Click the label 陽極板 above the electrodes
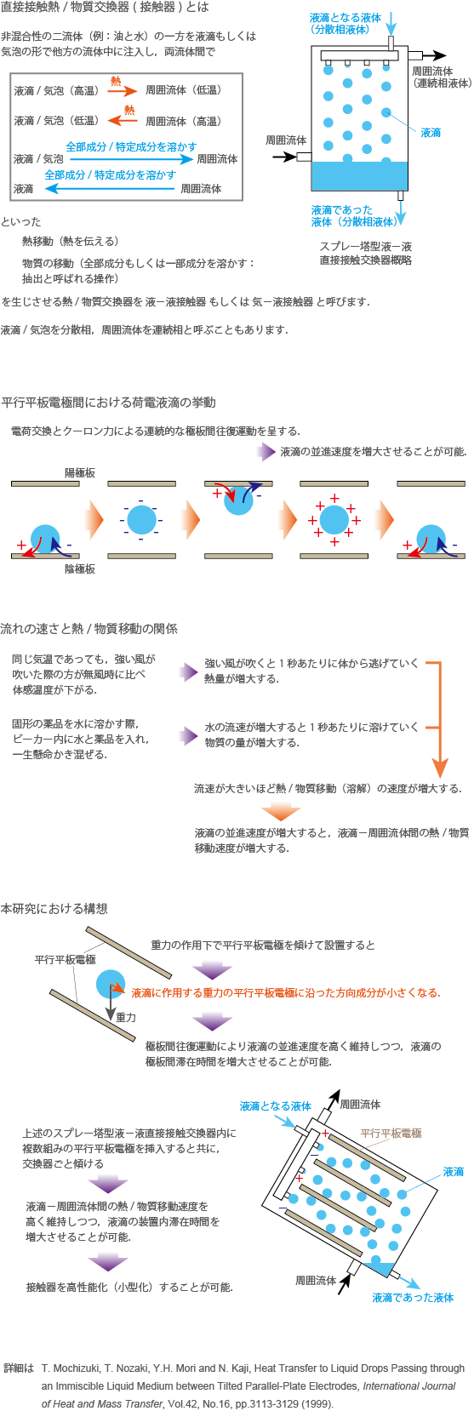pos(80,472)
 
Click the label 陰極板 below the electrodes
pos(80,568)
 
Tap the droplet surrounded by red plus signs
pos(334,520)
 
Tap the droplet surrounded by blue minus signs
pos(141,520)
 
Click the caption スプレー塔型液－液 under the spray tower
pos(366,246)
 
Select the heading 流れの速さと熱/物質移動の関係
pos(89,629)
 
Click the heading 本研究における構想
pos(54,908)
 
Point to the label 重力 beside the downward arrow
pos(126,1017)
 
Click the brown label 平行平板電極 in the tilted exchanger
pos(391,1134)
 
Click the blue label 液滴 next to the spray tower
pos(431,133)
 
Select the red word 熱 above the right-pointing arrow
pos(116,81)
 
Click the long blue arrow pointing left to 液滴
pos(110,188)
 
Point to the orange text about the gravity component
pos(286,993)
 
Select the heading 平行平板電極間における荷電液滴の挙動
pos(108,402)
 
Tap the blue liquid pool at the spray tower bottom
pos(359,176)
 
